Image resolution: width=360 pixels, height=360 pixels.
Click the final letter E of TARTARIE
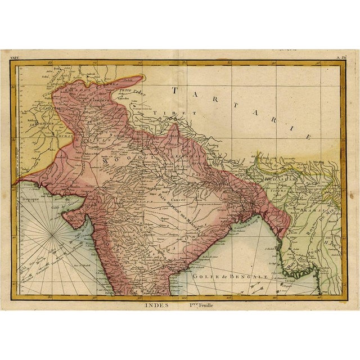(308, 137)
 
